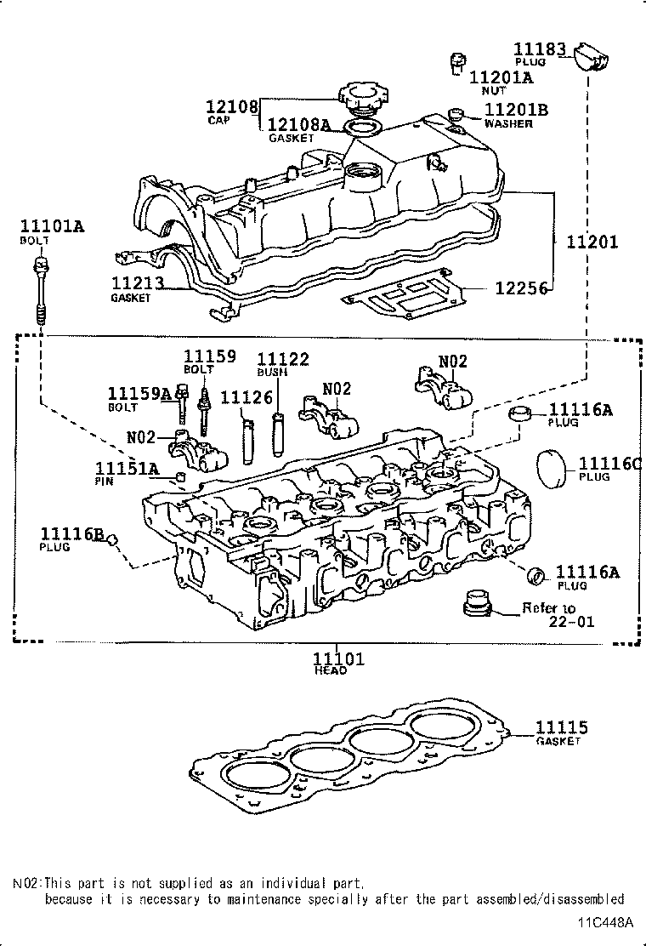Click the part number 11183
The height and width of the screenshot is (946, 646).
coord(540,48)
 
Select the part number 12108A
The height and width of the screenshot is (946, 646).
coord(298,124)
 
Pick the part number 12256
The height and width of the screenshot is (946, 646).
coord(521,289)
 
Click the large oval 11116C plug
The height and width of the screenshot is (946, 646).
coord(553,469)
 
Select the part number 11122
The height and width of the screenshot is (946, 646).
coord(283,360)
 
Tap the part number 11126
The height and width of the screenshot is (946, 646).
coord(246,397)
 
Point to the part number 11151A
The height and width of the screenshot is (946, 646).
coord(127,469)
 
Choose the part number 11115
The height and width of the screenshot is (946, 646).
coord(561,727)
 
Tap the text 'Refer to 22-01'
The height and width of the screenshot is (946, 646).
coord(560,615)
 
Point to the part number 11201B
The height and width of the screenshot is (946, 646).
coord(517,110)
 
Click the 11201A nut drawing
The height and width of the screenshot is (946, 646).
coord(457,62)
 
